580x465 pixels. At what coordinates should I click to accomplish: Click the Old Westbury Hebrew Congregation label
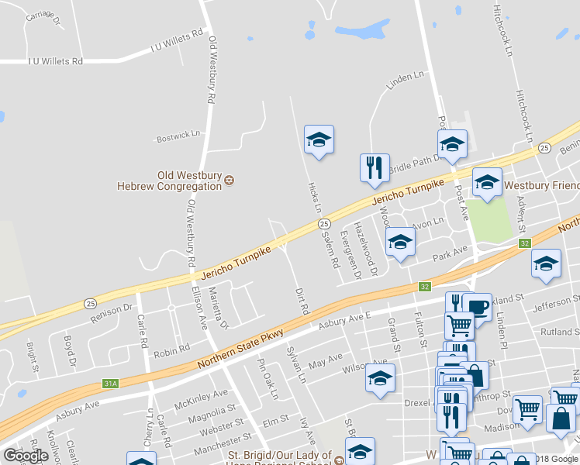tap(169, 181)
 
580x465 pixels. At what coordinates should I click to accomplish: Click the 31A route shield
tap(111, 383)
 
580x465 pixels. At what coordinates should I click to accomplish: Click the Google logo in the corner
tap(25, 456)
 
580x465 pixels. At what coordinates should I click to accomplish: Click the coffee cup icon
tap(477, 307)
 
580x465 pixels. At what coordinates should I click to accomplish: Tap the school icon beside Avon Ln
tap(400, 243)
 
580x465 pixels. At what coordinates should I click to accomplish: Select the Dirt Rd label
tap(302, 301)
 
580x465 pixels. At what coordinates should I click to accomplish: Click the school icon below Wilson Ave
tap(379, 378)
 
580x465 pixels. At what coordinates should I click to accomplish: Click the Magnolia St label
tap(210, 417)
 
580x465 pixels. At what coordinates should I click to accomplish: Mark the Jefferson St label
tap(555, 301)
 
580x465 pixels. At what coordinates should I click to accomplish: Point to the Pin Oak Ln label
tap(267, 379)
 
